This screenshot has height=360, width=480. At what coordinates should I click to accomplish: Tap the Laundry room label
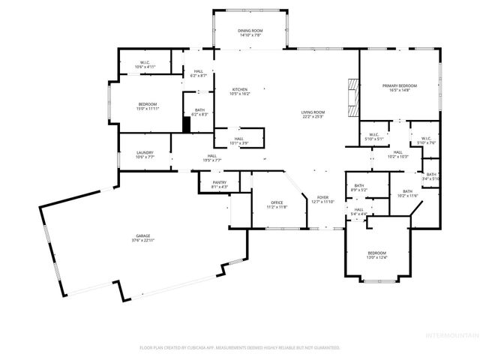point(144,155)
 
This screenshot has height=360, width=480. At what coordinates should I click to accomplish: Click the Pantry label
point(219,184)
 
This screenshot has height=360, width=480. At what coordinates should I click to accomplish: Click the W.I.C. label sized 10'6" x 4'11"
point(145,64)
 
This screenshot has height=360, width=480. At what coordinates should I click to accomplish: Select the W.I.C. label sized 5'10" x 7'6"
point(424,140)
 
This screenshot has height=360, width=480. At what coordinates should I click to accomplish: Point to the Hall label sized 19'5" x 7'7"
point(212,158)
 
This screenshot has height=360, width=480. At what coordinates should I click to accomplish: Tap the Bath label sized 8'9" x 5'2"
point(359,187)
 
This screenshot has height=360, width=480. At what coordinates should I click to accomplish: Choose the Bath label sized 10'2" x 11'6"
point(407,193)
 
